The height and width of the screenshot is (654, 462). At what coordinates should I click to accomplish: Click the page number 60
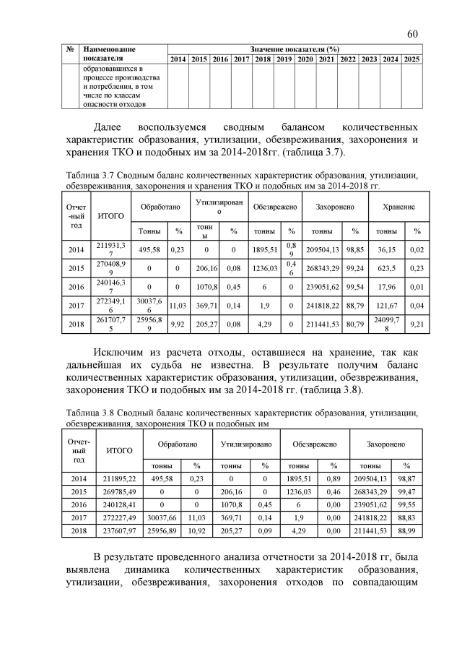[412, 34]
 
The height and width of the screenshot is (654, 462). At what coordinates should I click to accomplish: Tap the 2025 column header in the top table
[411, 59]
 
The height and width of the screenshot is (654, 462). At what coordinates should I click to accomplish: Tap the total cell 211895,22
[119, 478]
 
